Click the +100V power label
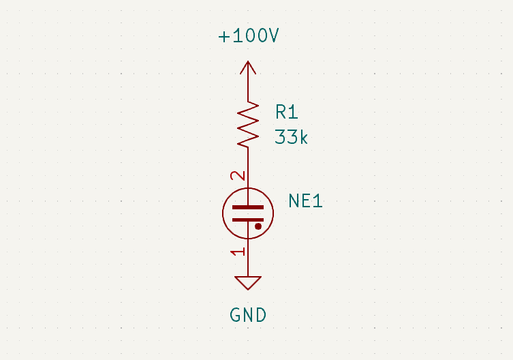tap(248, 37)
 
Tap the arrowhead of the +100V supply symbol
tap(248, 67)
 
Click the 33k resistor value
tap(292, 137)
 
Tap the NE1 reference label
tap(305, 201)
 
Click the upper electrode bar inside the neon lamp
tap(247, 207)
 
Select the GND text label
tap(248, 315)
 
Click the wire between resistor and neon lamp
tap(248, 167)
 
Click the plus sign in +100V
tap(224, 37)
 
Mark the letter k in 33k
tap(304, 137)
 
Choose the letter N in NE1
tap(294, 201)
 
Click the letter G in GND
tap(236, 315)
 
